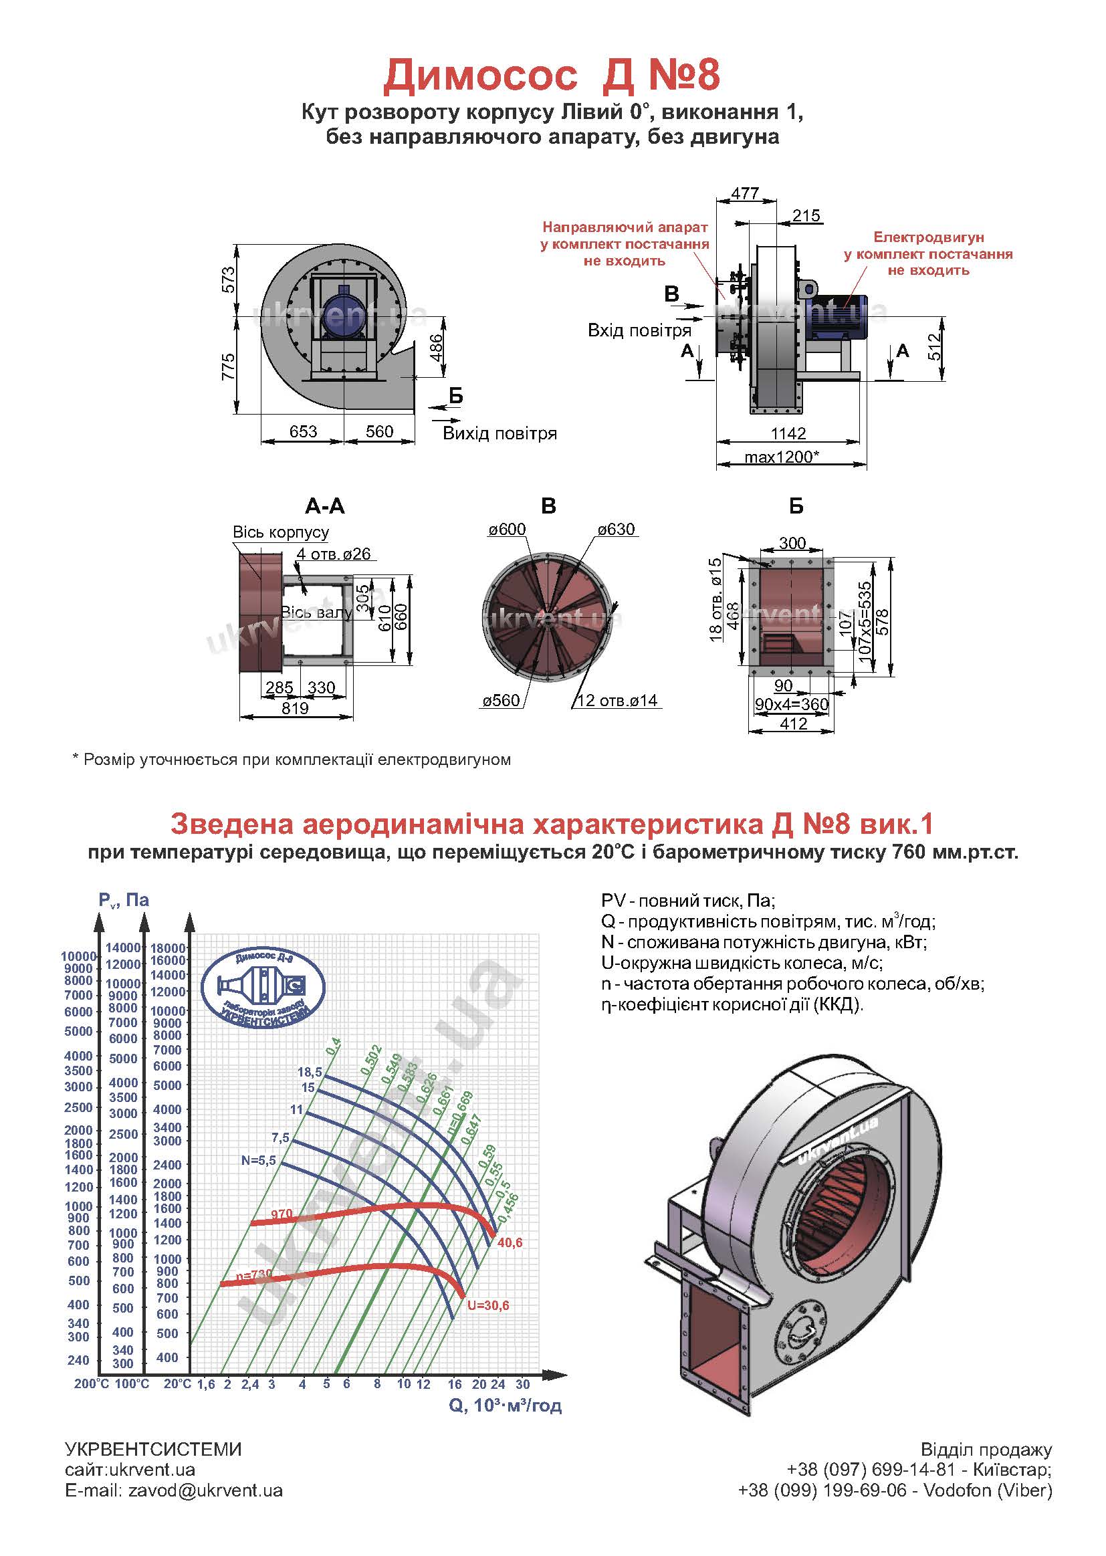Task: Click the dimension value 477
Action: pyautogui.click(x=744, y=193)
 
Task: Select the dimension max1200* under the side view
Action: pyautogui.click(x=781, y=456)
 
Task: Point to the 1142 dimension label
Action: pyautogui.click(x=788, y=433)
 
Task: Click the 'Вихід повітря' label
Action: pyautogui.click(x=500, y=434)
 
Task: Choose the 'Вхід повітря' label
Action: pyautogui.click(x=639, y=331)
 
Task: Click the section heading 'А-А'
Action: pyautogui.click(x=325, y=506)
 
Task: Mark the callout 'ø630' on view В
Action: pyautogui.click(x=616, y=530)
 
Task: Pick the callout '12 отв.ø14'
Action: pyautogui.click(x=618, y=701)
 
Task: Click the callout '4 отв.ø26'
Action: pyautogui.click(x=334, y=554)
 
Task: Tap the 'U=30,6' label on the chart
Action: pyautogui.click(x=488, y=1306)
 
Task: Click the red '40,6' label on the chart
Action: pyautogui.click(x=510, y=1243)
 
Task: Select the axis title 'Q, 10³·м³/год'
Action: pyautogui.click(x=506, y=1405)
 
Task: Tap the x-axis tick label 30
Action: pyautogui.click(x=522, y=1383)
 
